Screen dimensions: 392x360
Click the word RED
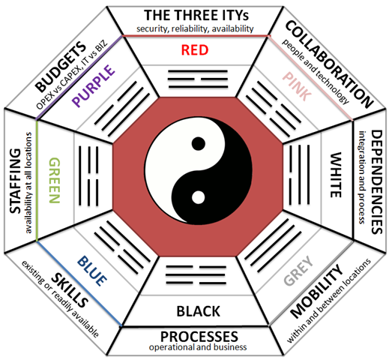point(195,49)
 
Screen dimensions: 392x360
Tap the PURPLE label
point(94,85)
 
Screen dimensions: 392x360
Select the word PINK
point(297,86)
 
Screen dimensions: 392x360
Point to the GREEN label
point(55,180)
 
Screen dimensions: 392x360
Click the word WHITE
point(336,175)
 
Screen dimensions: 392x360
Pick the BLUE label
point(92,271)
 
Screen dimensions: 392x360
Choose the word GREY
point(298,271)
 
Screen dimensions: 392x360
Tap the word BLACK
point(199,311)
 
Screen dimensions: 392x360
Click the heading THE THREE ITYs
point(196,15)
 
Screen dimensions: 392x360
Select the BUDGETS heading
point(61,67)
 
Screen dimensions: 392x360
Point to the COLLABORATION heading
point(329,64)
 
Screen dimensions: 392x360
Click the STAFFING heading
point(15,181)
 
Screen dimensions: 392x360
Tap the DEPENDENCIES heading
point(377,182)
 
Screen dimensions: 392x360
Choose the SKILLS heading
point(70,290)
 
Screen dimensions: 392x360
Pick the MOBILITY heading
point(316,292)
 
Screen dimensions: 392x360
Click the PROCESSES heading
point(199,337)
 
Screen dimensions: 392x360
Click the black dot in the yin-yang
point(199,144)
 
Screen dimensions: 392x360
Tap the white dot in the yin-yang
point(199,197)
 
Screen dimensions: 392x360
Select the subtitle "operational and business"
point(198,347)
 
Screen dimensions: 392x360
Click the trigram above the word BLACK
point(196,275)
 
